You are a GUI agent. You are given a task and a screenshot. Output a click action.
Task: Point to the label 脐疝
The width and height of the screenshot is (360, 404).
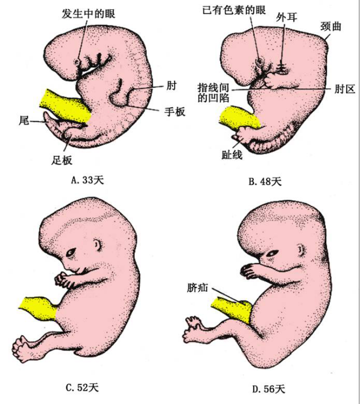199,288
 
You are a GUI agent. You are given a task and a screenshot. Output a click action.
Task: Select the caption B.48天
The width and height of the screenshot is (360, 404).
265,181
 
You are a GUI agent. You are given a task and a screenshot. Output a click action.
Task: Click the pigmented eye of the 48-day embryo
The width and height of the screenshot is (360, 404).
259,61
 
